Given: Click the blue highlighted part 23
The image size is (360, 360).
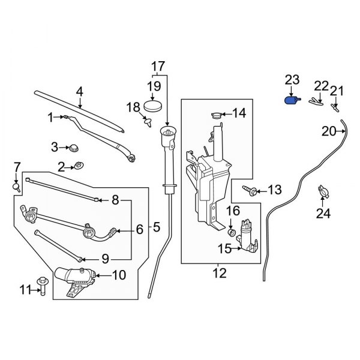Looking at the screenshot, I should pyautogui.click(x=292, y=100).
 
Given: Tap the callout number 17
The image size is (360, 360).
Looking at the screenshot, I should pyautogui.click(x=157, y=66).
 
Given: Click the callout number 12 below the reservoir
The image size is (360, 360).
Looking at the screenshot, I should pyautogui.click(x=220, y=274).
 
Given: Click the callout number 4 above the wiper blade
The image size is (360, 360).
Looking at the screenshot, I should pyautogui.click(x=79, y=92).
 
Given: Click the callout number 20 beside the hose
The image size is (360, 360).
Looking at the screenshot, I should pyautogui.click(x=329, y=131).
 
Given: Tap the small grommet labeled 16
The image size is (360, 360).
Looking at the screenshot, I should pyautogui.click(x=232, y=231).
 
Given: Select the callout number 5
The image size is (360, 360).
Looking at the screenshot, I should pyautogui.click(x=157, y=227).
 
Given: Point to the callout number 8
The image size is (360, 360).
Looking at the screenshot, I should pyautogui.click(x=115, y=199).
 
